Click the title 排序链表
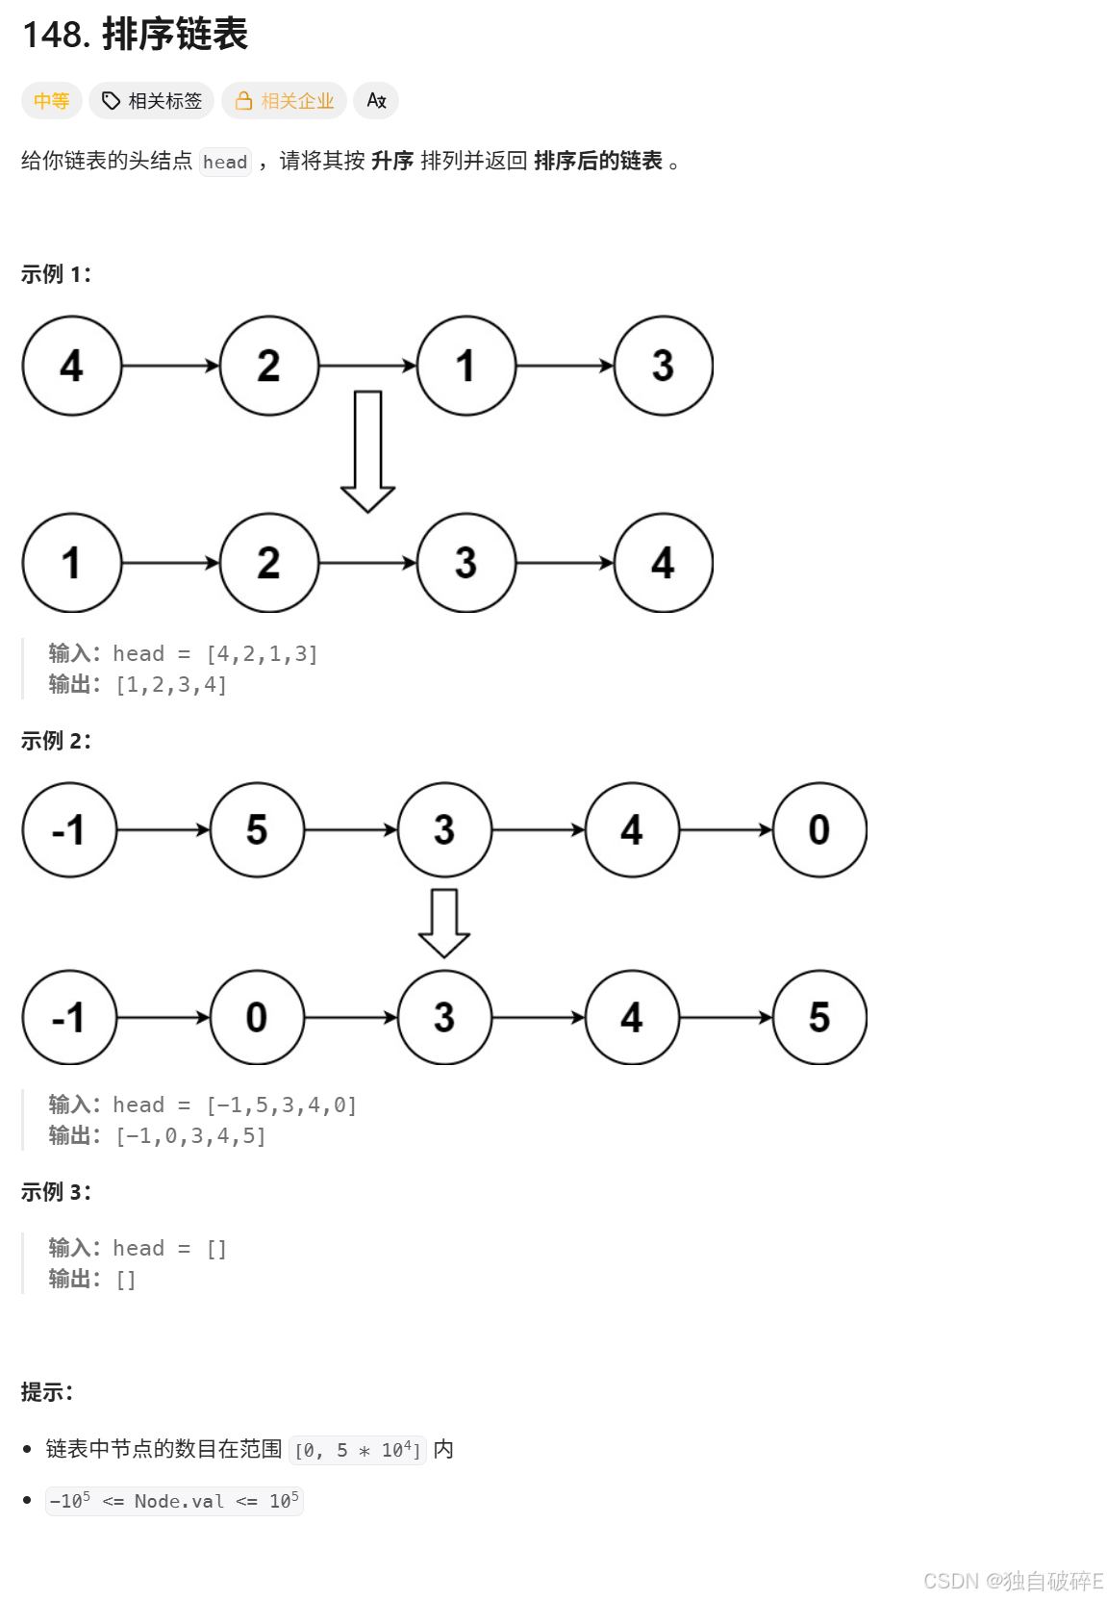pyautogui.click(x=174, y=35)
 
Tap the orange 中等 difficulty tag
pyautogui.click(x=51, y=101)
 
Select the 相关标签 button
pyautogui.click(x=152, y=101)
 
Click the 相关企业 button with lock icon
pyautogui.click(x=285, y=101)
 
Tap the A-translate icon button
pyautogui.click(x=376, y=101)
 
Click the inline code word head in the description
pyautogui.click(x=225, y=162)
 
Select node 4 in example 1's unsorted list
pyautogui.click(x=72, y=366)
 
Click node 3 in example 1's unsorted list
pyautogui.click(x=663, y=366)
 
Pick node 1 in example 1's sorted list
pyautogui.click(x=72, y=563)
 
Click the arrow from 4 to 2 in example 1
pyautogui.click(x=170, y=366)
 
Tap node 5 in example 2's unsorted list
pyautogui.click(x=257, y=829)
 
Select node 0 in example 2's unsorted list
pyautogui.click(x=819, y=829)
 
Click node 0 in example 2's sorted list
pyautogui.click(x=257, y=1017)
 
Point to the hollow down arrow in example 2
pyautogui.click(x=444, y=922)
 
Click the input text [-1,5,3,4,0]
pyautogui.click(x=282, y=1105)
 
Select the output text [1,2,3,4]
pyautogui.click(x=171, y=685)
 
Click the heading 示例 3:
pyautogui.click(x=56, y=1192)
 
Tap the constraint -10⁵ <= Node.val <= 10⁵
pyautogui.click(x=174, y=1501)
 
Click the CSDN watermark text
pyautogui.click(x=1013, y=1581)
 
